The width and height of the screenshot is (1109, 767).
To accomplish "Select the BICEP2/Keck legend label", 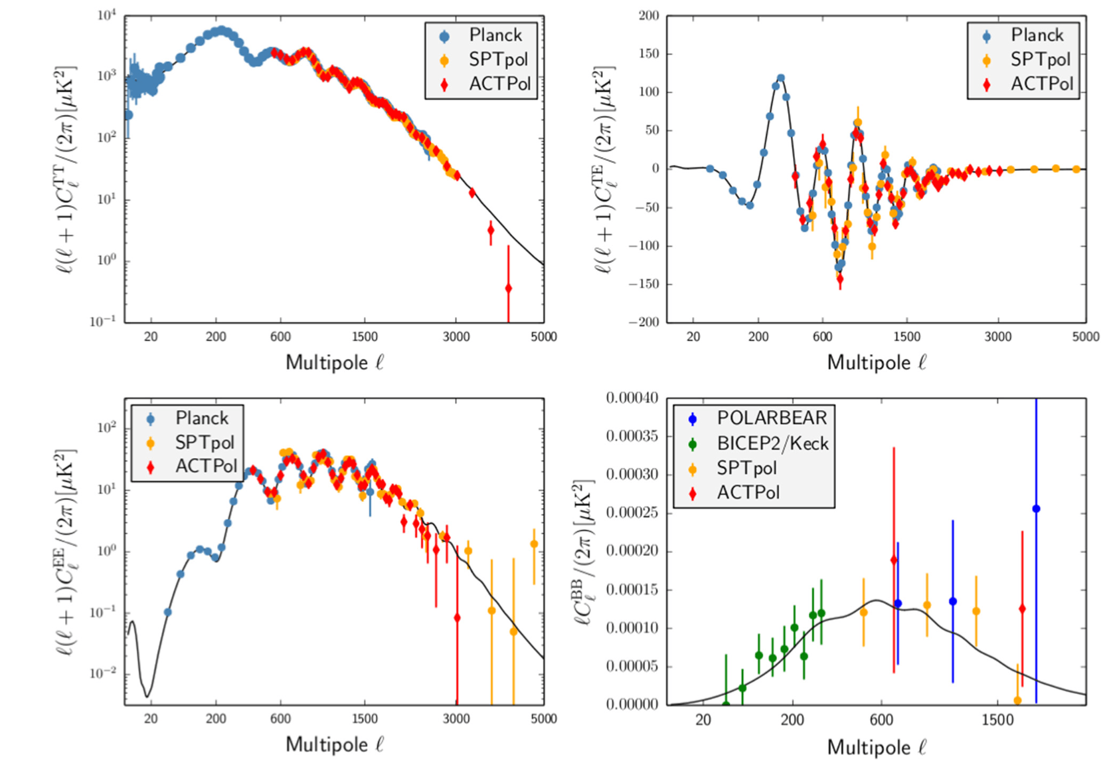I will [772, 443].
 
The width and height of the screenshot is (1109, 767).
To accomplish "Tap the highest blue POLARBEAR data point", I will [1036, 509].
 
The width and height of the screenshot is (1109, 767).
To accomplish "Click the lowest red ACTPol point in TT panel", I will [508, 288].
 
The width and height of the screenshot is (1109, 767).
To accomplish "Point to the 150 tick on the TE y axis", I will [649, 54].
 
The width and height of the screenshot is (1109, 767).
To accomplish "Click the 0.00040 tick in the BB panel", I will [632, 398].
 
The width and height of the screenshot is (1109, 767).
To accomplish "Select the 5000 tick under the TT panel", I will [543, 337].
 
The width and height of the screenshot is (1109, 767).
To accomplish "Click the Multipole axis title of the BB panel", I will [876, 747].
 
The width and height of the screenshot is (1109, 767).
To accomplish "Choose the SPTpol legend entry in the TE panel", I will [1040, 60].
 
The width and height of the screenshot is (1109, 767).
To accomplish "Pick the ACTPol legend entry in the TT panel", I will [499, 84].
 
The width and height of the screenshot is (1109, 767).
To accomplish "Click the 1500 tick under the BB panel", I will [997, 720].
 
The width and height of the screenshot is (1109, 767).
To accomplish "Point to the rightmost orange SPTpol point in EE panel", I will [534, 544].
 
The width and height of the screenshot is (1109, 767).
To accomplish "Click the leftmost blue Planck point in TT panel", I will [128, 115].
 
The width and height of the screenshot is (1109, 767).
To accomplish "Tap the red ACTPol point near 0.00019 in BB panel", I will [894, 560].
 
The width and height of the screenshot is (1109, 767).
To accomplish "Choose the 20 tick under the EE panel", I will [151, 719].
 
